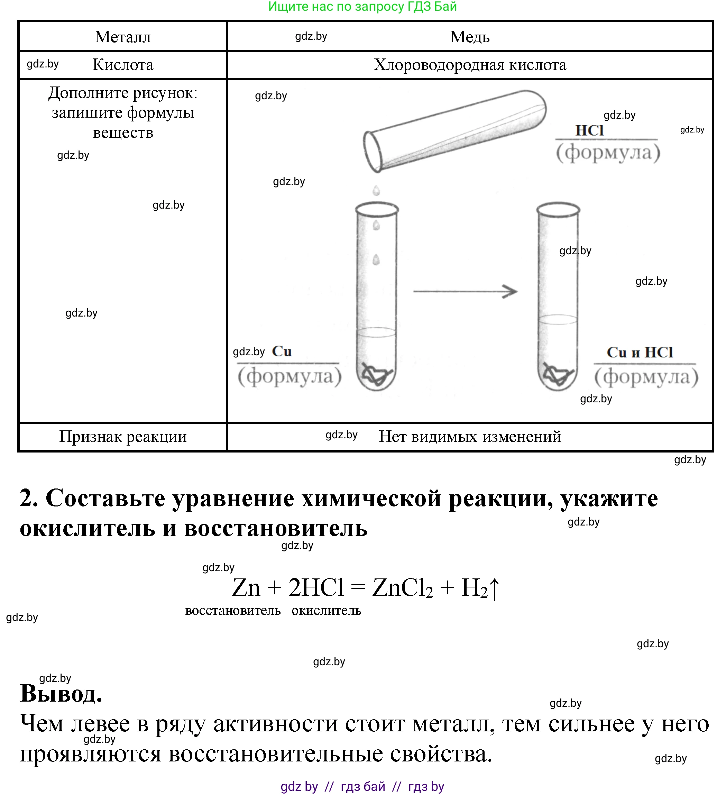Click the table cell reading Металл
coord(123,37)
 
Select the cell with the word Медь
coord(469,37)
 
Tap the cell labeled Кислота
coord(123,65)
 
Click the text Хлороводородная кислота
coord(469,65)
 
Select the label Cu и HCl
coord(639,353)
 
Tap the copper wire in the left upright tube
coord(376,374)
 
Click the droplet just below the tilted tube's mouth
coord(376,191)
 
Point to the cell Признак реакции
coord(123,437)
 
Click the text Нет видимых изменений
coord(469,437)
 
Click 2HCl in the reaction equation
coord(316,587)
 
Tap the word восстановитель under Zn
coord(233,611)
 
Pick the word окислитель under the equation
coord(326,611)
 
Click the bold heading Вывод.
coord(61,694)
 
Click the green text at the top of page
coord(362,7)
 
